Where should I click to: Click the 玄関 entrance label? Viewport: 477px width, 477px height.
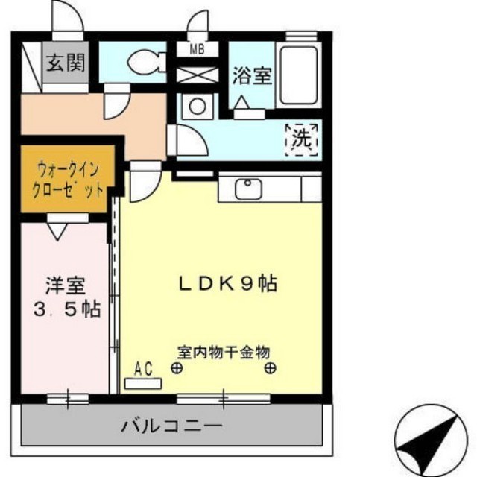[x=66, y=63]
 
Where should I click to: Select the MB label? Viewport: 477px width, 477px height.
[x=197, y=51]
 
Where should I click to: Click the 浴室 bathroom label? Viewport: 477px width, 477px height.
[x=251, y=77]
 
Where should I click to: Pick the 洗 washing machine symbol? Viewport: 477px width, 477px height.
[x=303, y=138]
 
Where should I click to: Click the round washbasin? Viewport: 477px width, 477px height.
[x=198, y=106]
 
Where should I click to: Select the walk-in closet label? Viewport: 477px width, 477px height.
[x=67, y=179]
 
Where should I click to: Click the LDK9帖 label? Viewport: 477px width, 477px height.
[x=217, y=284]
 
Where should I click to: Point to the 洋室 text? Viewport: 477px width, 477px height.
[x=66, y=285]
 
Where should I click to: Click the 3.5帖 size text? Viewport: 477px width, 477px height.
[x=66, y=310]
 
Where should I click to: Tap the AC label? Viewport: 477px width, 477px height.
[x=144, y=367]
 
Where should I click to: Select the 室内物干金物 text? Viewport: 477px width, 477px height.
[x=223, y=351]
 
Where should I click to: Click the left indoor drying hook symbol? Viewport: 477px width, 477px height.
[x=177, y=367]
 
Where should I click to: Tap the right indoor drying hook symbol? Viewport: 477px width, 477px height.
[x=271, y=367]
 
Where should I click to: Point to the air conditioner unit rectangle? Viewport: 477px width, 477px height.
[x=144, y=382]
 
